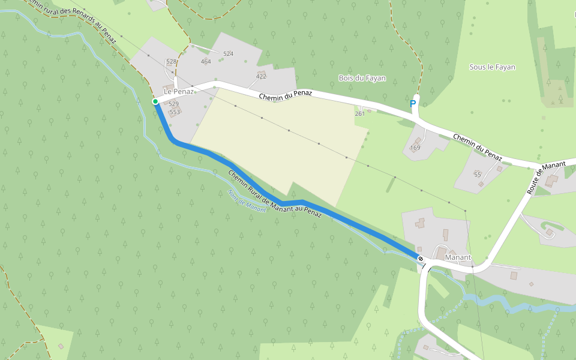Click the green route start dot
[155, 101]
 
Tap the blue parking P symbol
[413, 104]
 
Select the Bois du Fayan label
[362, 78]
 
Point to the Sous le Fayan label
[492, 67]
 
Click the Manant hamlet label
[458, 257]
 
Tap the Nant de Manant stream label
[247, 201]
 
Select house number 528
[172, 62]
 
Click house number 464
[206, 62]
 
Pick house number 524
[228, 54]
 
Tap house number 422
[261, 76]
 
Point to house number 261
[360, 113]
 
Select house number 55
[478, 174]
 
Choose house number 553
[175, 112]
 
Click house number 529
[174, 104]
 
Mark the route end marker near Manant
[421, 259]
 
